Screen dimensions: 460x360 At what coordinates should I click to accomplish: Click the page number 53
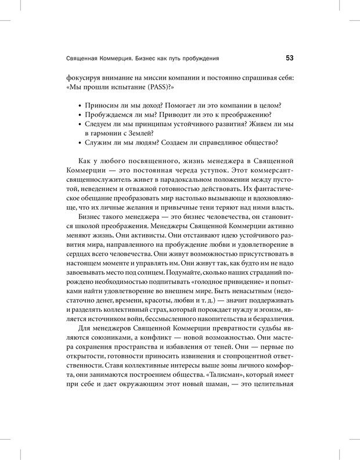tap(289, 57)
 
